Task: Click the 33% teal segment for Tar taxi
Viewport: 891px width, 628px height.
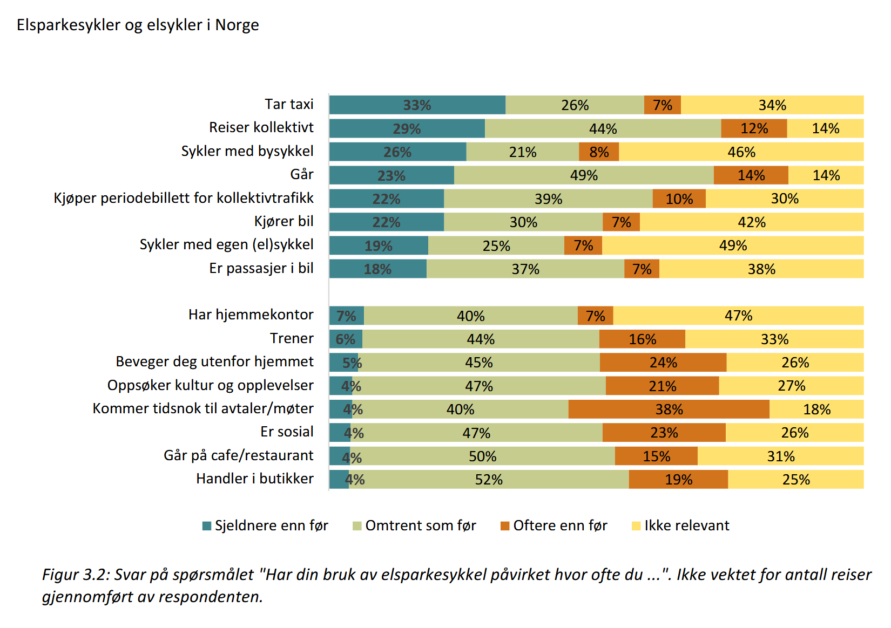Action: [x=417, y=105]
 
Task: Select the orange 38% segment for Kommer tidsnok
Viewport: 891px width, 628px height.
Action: [x=669, y=409]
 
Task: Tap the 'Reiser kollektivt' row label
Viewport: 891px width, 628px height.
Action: [x=261, y=127]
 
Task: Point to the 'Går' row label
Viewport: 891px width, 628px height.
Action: [x=301, y=174]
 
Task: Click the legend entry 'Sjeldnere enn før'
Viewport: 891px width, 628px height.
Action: [x=265, y=525]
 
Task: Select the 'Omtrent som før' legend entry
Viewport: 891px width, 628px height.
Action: [x=414, y=525]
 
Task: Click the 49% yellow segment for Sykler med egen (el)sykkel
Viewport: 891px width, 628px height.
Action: [x=733, y=245]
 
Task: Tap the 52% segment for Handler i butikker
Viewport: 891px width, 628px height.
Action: [x=489, y=480]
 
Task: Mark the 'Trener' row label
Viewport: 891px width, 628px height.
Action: [x=292, y=338]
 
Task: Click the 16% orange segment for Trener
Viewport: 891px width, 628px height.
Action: [x=642, y=339]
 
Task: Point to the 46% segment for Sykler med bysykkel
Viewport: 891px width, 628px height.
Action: [x=741, y=152]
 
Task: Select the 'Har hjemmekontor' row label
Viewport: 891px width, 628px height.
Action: [x=251, y=315]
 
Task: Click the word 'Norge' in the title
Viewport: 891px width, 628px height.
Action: [x=237, y=25]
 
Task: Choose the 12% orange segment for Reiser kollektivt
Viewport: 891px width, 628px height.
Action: [x=754, y=128]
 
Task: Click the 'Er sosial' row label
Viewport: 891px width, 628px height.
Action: [x=287, y=432]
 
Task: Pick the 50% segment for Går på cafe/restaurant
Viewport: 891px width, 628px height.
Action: [x=482, y=456]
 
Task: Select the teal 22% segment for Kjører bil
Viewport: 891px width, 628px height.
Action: [x=386, y=222]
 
